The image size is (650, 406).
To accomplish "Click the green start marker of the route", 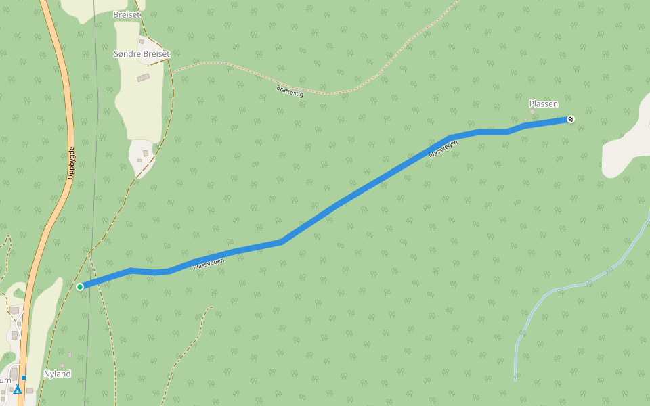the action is coord(80,287).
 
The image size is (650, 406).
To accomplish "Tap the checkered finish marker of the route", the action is coord(571,120).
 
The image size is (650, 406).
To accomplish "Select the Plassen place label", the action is coord(543,104).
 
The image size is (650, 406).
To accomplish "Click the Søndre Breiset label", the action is coord(142,53).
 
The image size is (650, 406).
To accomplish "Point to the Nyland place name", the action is coord(57,374).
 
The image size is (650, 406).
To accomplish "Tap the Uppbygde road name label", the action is coord(72,163).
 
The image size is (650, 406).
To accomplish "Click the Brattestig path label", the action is coord(290,91).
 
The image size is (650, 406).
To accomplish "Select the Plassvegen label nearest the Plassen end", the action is coord(443,149).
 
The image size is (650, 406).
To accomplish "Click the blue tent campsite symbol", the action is coord(18,389).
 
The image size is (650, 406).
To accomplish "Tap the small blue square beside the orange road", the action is coord(23,378).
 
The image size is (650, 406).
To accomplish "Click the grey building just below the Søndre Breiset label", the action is coord(143,78).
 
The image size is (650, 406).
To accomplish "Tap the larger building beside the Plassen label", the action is coord(532,112).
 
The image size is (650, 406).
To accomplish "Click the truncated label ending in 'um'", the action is coord(5,380).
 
